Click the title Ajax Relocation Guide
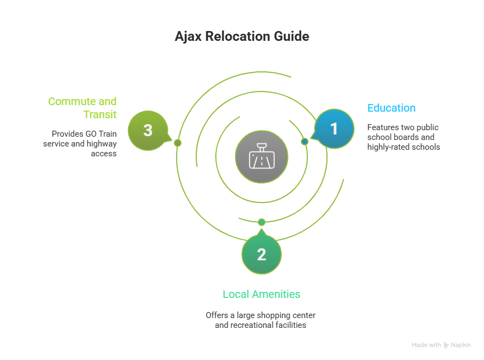click(x=242, y=36)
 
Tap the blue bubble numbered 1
click(x=334, y=129)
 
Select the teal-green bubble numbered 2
click(x=262, y=254)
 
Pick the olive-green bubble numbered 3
click(x=148, y=131)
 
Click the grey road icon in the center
click(x=262, y=156)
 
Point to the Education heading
click(x=391, y=108)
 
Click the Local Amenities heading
click(x=262, y=294)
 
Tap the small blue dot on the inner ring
click(x=305, y=142)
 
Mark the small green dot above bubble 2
click(x=262, y=222)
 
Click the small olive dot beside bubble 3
click(x=177, y=143)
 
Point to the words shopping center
click(x=291, y=315)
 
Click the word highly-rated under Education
click(x=384, y=147)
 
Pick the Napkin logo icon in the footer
click(x=446, y=345)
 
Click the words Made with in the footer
click(x=426, y=345)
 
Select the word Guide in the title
click(x=291, y=36)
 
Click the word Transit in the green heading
click(x=100, y=114)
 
